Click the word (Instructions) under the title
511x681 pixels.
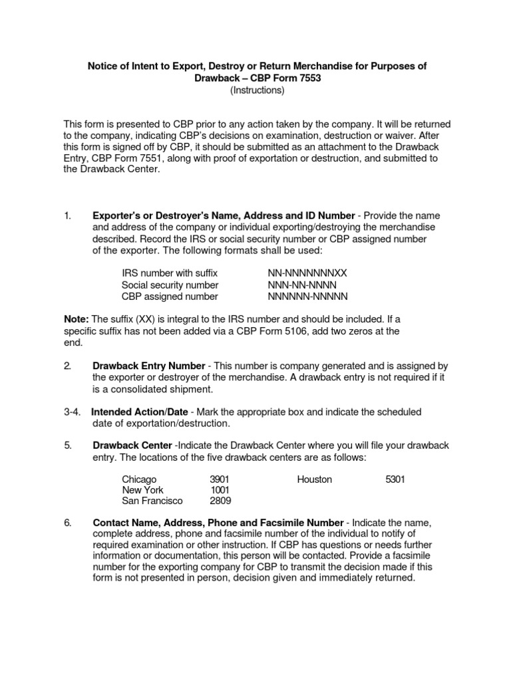[x=257, y=90]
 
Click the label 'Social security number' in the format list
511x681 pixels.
[x=169, y=285]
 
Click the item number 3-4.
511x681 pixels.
[x=73, y=412]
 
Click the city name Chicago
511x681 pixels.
[x=139, y=479]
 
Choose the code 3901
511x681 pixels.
[x=220, y=479]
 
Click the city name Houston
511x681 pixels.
[x=315, y=479]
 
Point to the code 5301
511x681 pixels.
[x=395, y=479]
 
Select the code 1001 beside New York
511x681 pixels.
[x=220, y=490]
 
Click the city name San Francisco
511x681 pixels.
[x=152, y=501]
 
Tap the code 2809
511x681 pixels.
[x=220, y=501]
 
